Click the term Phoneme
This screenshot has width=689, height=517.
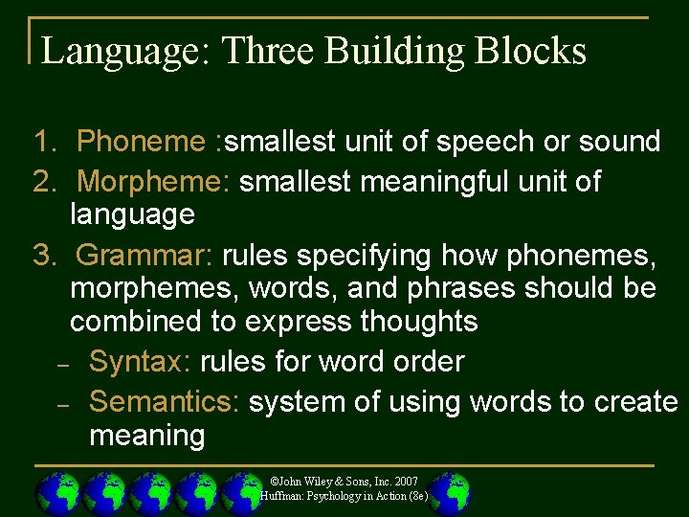click(x=140, y=142)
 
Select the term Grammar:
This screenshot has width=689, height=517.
click(x=145, y=256)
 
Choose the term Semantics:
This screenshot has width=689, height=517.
click(x=164, y=401)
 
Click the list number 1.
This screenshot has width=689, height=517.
click(x=43, y=142)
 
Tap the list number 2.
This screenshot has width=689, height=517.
click(x=43, y=180)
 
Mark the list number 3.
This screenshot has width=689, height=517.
click(x=43, y=256)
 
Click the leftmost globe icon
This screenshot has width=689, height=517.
click(x=58, y=493)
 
